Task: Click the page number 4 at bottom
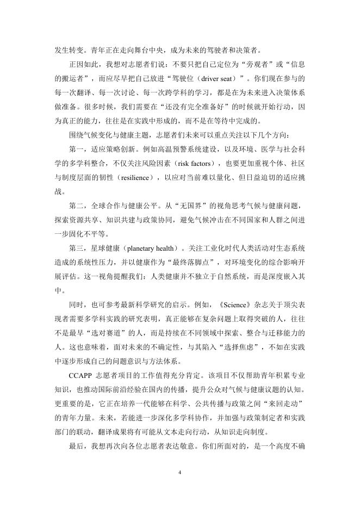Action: (x=179, y=472)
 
